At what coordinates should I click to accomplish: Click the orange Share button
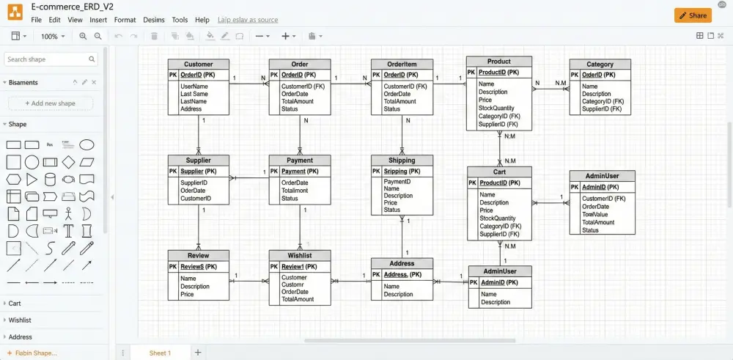pyautogui.click(x=693, y=15)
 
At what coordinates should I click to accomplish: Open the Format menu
pyautogui.click(x=125, y=20)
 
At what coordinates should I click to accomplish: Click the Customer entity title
pyautogui.click(x=198, y=65)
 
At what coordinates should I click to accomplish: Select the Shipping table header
pyautogui.click(x=401, y=160)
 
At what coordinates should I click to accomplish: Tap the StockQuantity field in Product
pyautogui.click(x=496, y=109)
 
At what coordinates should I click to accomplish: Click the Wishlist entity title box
pyautogui.click(x=299, y=255)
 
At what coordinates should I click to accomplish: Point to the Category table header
pyautogui.click(x=600, y=65)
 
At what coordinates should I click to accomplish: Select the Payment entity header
pyautogui.click(x=299, y=160)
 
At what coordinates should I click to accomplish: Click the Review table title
pyautogui.click(x=198, y=255)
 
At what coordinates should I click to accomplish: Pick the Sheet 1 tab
pyautogui.click(x=160, y=353)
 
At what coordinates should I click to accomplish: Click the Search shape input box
pyautogui.click(x=48, y=59)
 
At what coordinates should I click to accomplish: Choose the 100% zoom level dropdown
pyautogui.click(x=53, y=36)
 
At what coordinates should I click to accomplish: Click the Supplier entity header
pyautogui.click(x=198, y=160)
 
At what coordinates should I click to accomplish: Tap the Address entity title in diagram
pyautogui.click(x=401, y=263)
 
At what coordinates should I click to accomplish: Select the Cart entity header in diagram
pyautogui.click(x=499, y=172)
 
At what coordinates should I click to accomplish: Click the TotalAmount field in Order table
pyautogui.click(x=298, y=101)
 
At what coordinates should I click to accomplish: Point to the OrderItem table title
pyautogui.click(x=401, y=65)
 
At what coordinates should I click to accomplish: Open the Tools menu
pyautogui.click(x=180, y=20)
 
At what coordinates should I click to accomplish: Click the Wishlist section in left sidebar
pyautogui.click(x=20, y=320)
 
